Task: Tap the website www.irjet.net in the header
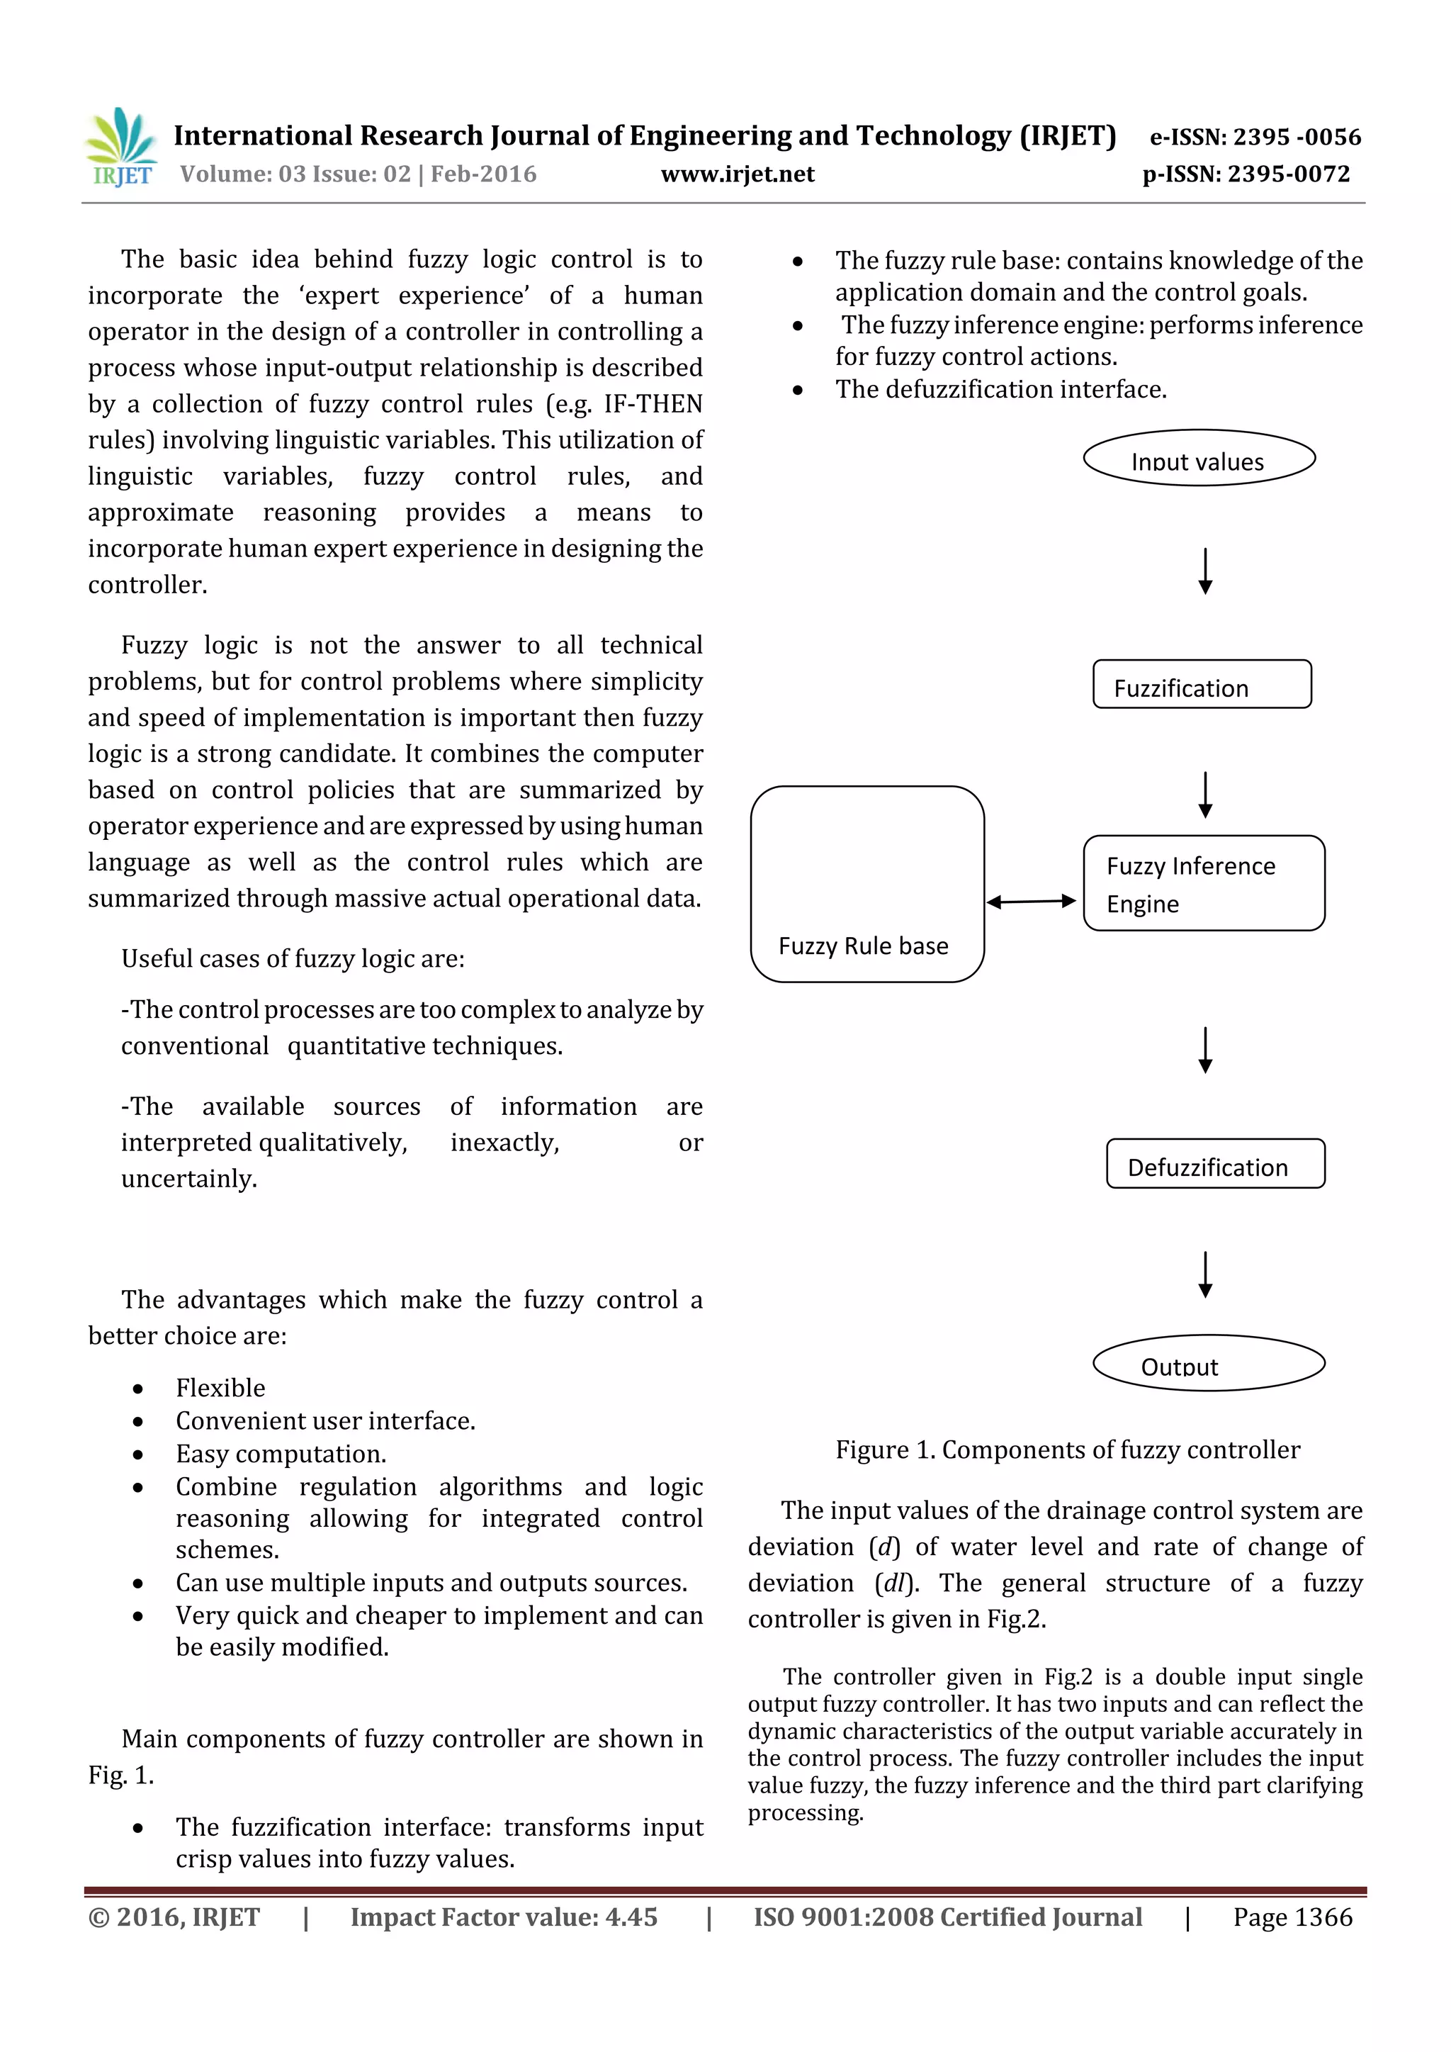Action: pos(737,174)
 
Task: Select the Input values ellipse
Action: pos(1199,459)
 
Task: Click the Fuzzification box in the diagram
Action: pos(1202,685)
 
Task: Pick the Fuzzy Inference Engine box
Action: pos(1204,883)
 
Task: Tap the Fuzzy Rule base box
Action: pos(866,884)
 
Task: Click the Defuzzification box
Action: pos(1215,1164)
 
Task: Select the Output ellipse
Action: pos(1209,1363)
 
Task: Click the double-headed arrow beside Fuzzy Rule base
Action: pos(1031,902)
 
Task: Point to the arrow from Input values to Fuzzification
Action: pos(1205,571)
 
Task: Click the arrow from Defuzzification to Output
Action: pos(1205,1274)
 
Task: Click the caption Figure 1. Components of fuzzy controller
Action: pos(1068,1450)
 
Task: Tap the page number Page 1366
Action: pos(1292,1917)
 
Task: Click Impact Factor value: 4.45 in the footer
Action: pos(503,1917)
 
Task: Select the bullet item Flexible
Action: pos(220,1388)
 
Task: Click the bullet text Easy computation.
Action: pos(281,1454)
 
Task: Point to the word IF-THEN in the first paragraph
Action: pos(653,404)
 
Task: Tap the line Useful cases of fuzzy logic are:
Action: pos(293,959)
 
